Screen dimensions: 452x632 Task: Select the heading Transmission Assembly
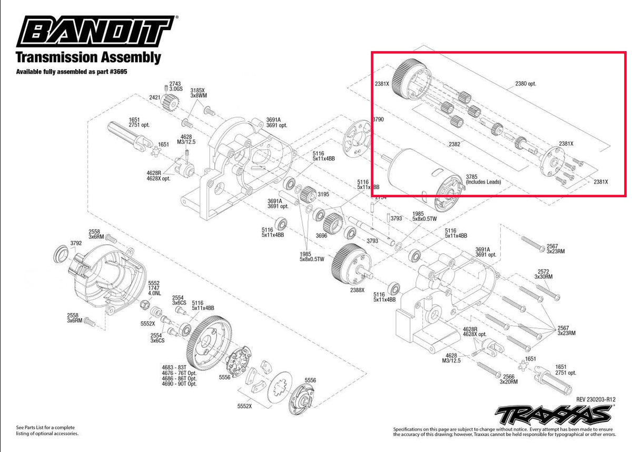pyautogui.click(x=88, y=57)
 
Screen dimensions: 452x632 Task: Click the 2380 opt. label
pyautogui.click(x=526, y=83)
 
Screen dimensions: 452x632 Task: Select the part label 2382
pyautogui.click(x=455, y=143)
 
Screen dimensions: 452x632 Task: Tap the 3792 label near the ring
pyautogui.click(x=76, y=244)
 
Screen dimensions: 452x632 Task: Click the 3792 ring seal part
pyautogui.click(x=62, y=256)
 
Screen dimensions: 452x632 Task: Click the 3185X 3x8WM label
pyautogui.click(x=199, y=93)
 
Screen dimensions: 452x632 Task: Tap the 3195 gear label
pyautogui.click(x=323, y=194)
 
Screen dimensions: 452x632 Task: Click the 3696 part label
pyautogui.click(x=321, y=236)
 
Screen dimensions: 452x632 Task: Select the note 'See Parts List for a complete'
pyautogui.click(x=46, y=427)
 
